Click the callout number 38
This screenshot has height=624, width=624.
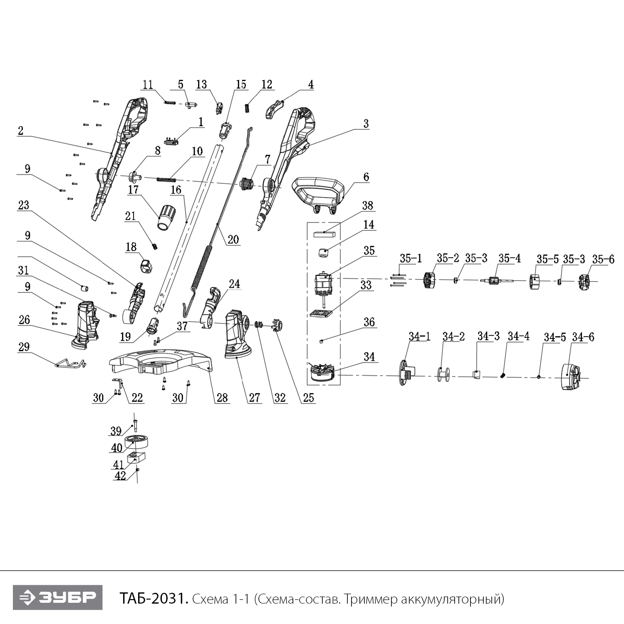[367, 206]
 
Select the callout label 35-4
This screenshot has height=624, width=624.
[509, 258]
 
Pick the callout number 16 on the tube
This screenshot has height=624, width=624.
[176, 190]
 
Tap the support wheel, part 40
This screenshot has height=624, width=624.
[137, 442]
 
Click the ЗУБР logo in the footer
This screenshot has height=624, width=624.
[57, 597]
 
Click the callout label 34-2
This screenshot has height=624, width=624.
[453, 336]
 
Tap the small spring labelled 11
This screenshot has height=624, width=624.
[170, 102]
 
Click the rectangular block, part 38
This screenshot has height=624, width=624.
[324, 234]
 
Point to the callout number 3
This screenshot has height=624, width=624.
[365, 124]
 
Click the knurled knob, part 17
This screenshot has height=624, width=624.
[166, 216]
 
